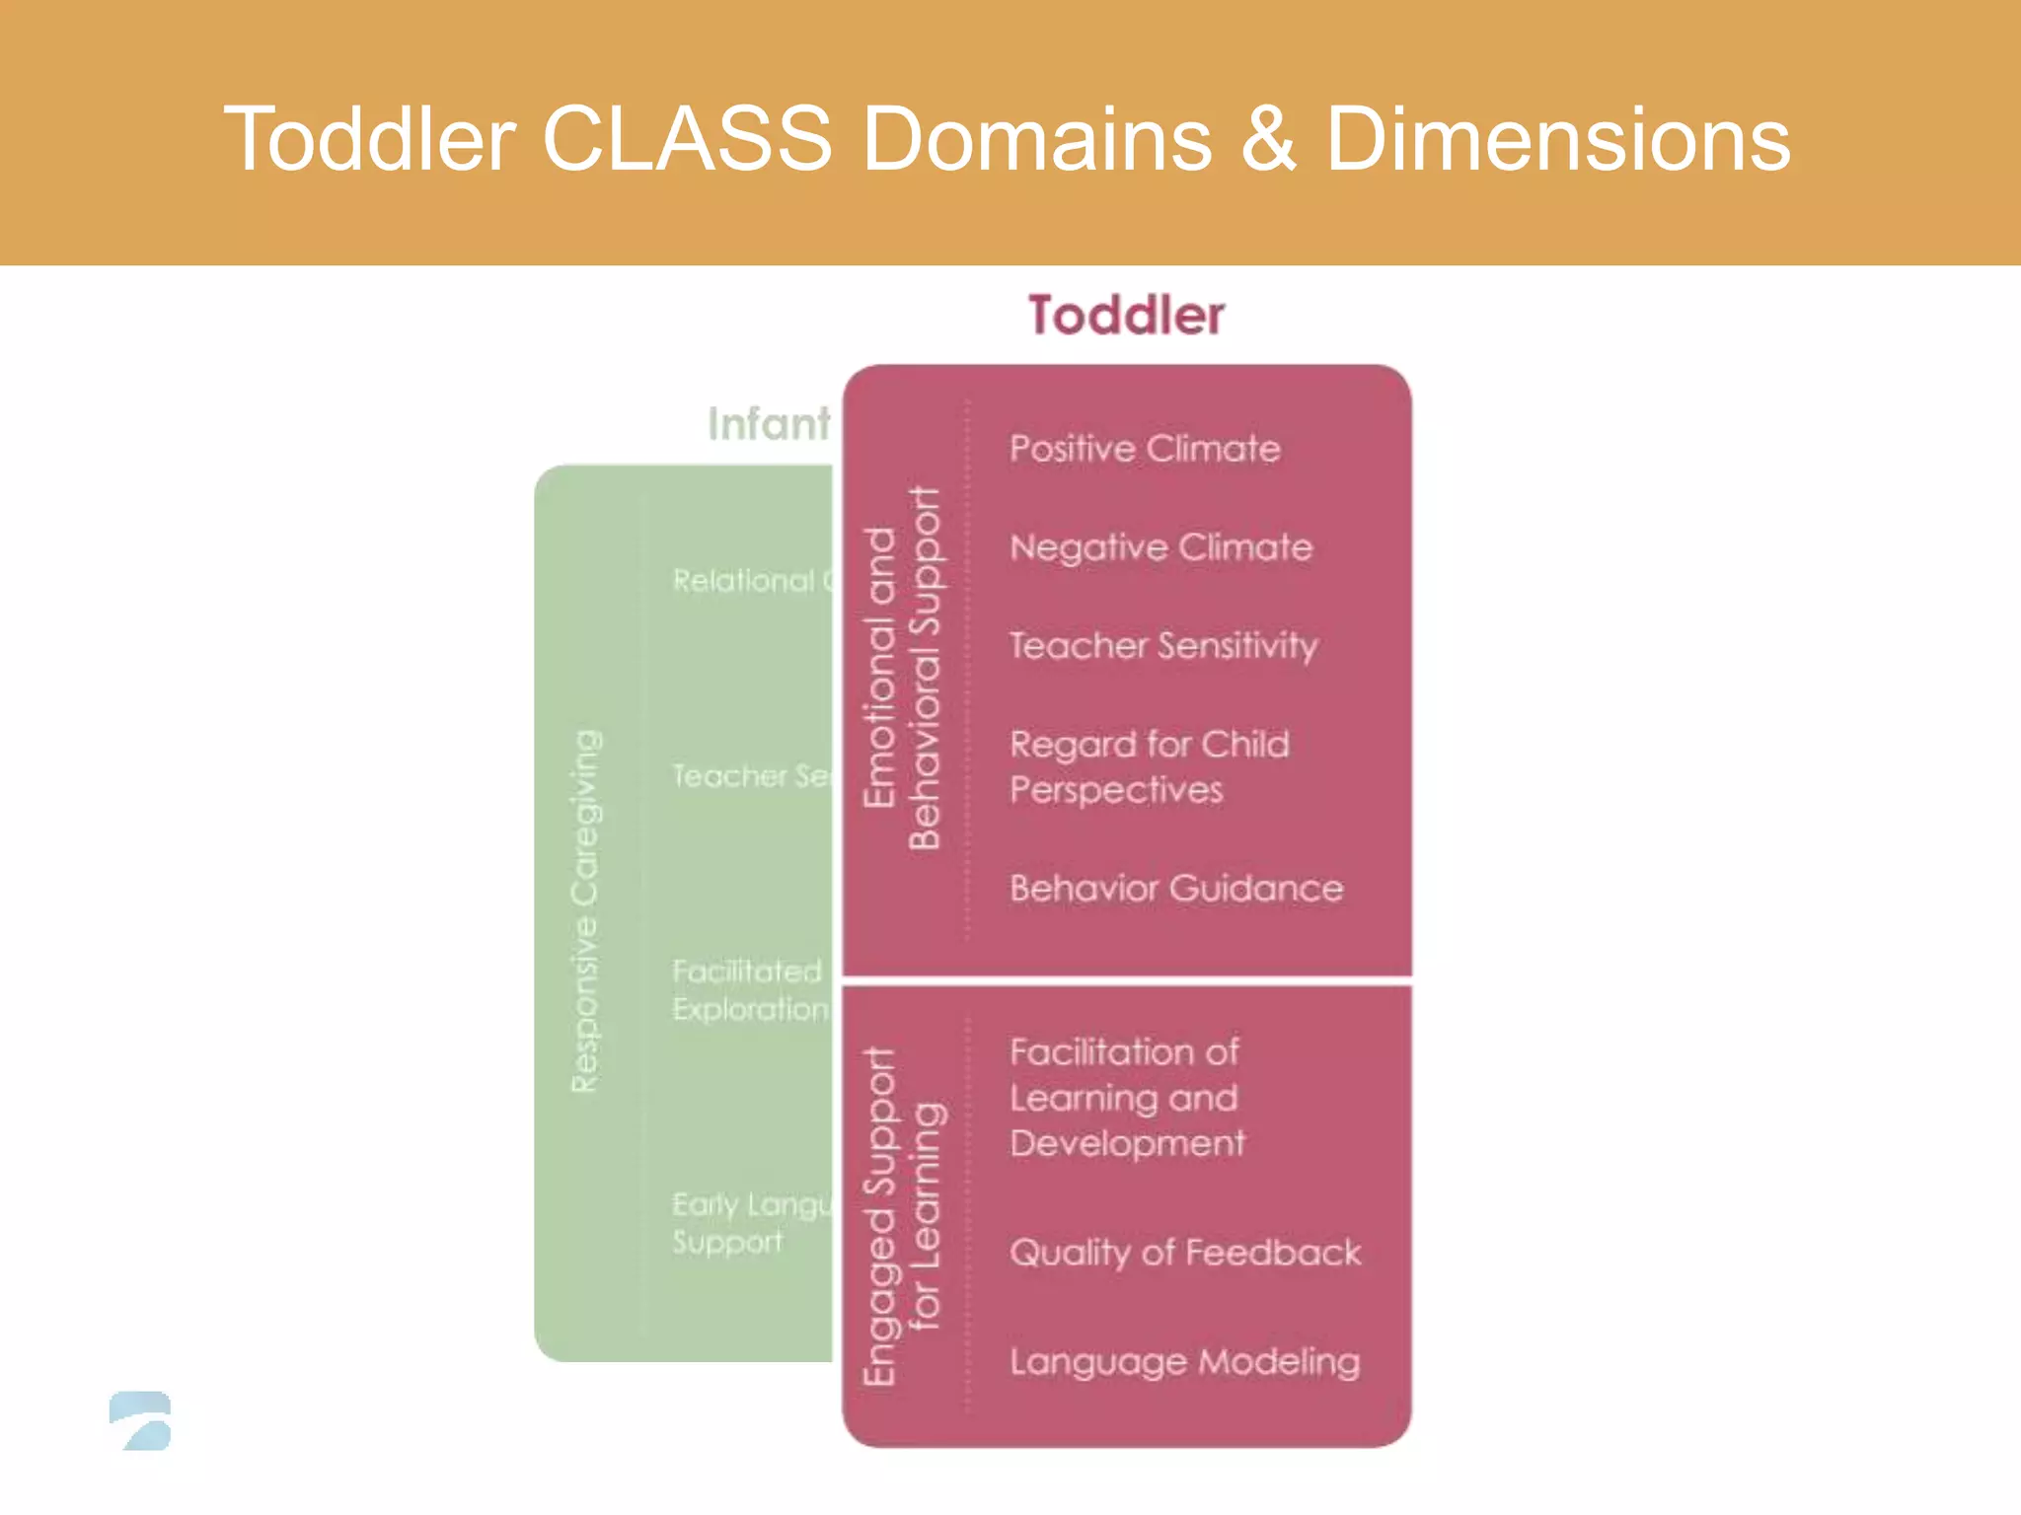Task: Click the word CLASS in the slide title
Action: [x=687, y=139]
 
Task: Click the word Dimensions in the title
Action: [x=1557, y=139]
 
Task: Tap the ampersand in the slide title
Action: [x=1268, y=139]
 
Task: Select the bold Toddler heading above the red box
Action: [x=1126, y=316]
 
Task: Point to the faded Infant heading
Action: [x=768, y=424]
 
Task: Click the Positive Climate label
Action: [x=1145, y=449]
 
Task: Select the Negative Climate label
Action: [x=1160, y=547]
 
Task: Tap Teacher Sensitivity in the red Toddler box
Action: [x=1162, y=646]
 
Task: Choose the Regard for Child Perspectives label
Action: [x=1149, y=766]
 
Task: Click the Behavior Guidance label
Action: [x=1176, y=889]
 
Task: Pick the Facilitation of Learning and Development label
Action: [x=1126, y=1097]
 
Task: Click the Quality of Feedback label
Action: [x=1184, y=1253]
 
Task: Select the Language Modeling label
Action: [x=1184, y=1362]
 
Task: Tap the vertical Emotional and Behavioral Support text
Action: [x=902, y=668]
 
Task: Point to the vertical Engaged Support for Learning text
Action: [x=902, y=1215]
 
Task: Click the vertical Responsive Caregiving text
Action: [x=585, y=910]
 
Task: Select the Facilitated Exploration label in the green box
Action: [x=749, y=990]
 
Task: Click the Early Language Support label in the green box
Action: [x=750, y=1223]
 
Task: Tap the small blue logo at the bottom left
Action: [x=141, y=1420]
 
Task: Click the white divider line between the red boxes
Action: [x=1127, y=980]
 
